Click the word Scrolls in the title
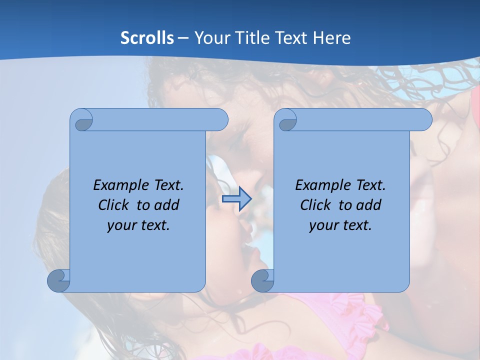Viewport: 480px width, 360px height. point(147,38)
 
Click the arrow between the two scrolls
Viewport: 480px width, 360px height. point(236,198)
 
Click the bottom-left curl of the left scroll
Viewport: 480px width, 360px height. point(59,280)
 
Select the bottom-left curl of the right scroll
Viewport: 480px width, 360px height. point(262,280)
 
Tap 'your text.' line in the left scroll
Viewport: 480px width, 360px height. point(138,225)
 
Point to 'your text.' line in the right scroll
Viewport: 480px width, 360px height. point(340,225)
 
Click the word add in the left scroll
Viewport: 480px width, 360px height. point(167,205)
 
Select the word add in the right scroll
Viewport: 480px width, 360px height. point(369,205)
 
